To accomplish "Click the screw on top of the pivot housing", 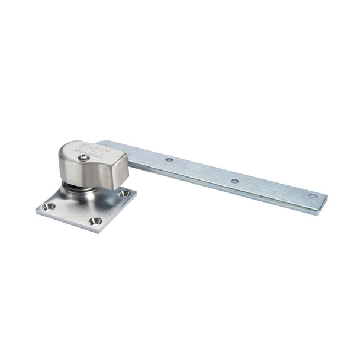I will point(85,157).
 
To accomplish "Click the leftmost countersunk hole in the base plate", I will point(49,207).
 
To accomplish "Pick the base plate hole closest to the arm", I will point(124,193).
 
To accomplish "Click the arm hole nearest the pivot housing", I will point(169,159).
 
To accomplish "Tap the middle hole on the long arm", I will point(234,181).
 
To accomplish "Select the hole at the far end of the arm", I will point(313,195).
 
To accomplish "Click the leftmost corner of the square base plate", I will point(36,208).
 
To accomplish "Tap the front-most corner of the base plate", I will point(97,231).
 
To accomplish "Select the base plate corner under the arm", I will point(136,191).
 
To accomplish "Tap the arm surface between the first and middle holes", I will point(201,171).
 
